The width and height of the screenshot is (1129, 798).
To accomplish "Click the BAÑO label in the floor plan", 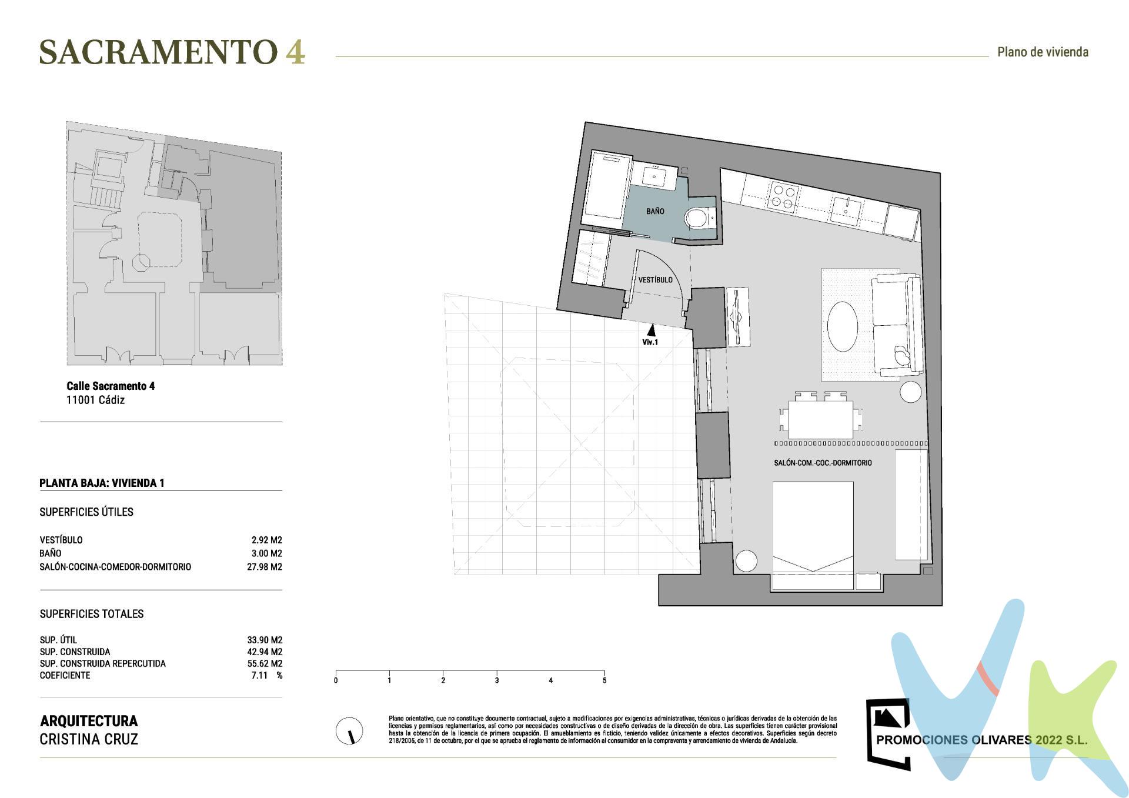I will [x=655, y=211].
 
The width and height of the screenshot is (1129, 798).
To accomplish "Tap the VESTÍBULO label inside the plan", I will [x=655, y=280].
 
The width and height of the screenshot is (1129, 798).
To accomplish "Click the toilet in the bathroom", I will [x=698, y=218].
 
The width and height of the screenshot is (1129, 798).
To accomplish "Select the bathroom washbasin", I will [x=653, y=175].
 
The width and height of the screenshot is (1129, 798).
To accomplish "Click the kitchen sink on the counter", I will [x=847, y=209].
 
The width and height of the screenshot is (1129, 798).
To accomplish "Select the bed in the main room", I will [x=813, y=532].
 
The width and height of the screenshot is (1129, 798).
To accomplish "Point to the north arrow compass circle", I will [x=349, y=731].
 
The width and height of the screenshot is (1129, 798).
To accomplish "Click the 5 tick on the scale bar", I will [x=604, y=680].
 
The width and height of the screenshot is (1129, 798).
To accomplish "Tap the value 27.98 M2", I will [x=265, y=567].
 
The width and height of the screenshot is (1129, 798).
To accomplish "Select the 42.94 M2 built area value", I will [x=265, y=652].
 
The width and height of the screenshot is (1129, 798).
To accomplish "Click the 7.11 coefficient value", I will [x=260, y=675].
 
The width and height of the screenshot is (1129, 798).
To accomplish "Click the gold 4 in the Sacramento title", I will [x=295, y=52].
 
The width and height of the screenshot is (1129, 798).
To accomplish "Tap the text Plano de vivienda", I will [x=1043, y=52].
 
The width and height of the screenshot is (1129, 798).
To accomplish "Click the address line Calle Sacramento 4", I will [x=111, y=386].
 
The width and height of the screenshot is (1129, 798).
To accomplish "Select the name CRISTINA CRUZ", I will [x=89, y=739].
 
